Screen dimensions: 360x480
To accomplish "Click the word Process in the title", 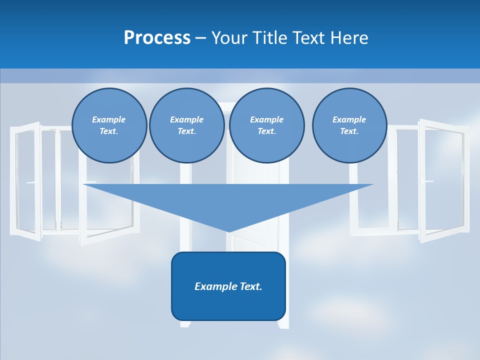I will click(157, 37).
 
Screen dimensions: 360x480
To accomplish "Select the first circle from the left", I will click(109, 125).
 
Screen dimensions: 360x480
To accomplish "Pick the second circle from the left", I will click(186, 125).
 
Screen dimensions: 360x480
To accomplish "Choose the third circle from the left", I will click(266, 125).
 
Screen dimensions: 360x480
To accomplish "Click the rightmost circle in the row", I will click(349, 125).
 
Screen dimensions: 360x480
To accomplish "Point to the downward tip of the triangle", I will click(228, 231).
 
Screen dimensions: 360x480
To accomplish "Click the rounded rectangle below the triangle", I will click(228, 305).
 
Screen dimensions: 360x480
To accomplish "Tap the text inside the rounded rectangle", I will click(228, 286).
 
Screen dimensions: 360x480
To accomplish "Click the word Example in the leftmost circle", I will click(109, 119).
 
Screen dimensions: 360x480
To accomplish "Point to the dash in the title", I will click(200, 38).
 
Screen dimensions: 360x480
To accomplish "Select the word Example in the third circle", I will click(266, 119).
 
